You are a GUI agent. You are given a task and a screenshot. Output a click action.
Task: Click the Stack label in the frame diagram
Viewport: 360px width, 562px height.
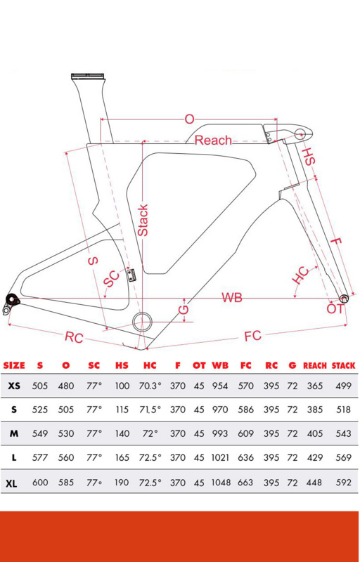pos(143,220)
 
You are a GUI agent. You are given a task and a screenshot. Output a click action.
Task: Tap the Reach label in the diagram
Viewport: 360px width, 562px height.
pos(213,140)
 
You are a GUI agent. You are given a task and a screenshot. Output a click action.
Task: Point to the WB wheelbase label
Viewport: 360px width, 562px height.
pos(231,297)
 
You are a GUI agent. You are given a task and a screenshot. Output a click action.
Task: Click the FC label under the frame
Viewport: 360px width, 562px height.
pos(253,336)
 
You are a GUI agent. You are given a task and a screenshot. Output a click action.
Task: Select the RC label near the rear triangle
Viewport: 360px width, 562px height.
pos(74,337)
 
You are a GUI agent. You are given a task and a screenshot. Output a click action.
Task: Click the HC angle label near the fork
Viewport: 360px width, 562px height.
pos(300,275)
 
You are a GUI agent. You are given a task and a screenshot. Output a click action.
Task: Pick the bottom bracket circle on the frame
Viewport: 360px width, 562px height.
pos(142,322)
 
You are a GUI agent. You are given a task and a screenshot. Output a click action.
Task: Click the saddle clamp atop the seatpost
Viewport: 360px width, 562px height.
pos(88,76)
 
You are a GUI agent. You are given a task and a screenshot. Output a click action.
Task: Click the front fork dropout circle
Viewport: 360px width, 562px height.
pos(344,298)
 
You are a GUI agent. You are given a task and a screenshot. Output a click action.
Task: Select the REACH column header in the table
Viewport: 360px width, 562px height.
pos(315,365)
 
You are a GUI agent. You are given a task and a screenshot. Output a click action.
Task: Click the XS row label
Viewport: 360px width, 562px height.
pos(14,386)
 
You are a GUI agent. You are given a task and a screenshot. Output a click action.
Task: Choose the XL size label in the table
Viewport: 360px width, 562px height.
pos(11,484)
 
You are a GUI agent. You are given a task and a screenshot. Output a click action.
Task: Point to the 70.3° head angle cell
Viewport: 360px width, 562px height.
pos(150,386)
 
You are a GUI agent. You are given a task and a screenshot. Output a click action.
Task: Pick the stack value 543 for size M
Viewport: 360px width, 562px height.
pos(344,433)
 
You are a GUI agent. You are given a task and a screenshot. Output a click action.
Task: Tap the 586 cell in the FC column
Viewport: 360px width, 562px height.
pos(245,410)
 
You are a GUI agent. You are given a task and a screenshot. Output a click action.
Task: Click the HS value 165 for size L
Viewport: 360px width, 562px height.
pos(122,458)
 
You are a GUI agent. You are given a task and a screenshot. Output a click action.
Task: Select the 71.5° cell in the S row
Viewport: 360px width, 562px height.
pos(150,410)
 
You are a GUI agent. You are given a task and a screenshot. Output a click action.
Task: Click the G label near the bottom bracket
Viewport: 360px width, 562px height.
pos(184,310)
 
